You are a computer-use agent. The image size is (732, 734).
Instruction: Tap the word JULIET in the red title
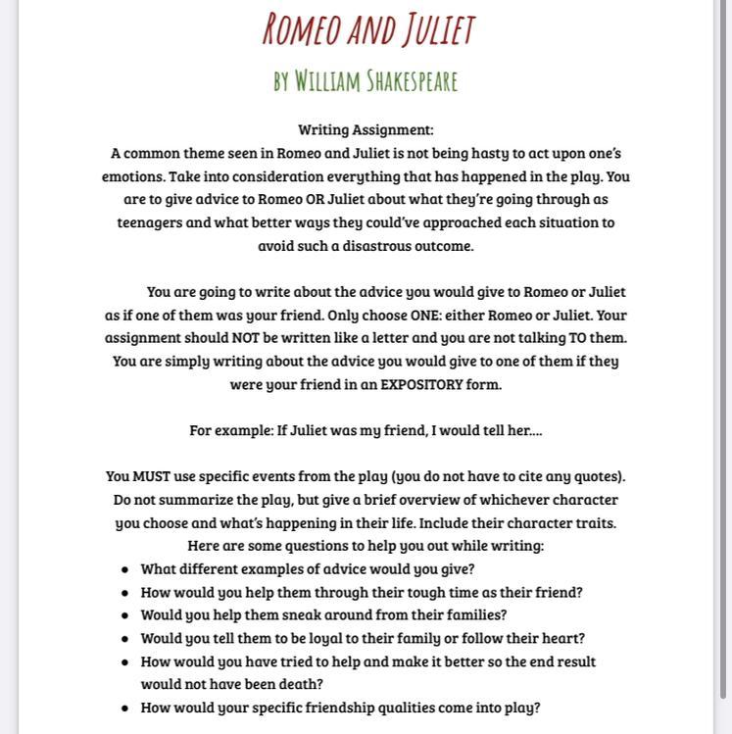[432, 29]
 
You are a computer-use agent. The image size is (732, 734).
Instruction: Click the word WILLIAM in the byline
[326, 81]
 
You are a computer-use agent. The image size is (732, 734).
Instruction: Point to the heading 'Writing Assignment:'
[366, 129]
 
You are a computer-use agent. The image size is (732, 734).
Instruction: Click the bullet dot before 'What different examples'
[124, 569]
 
